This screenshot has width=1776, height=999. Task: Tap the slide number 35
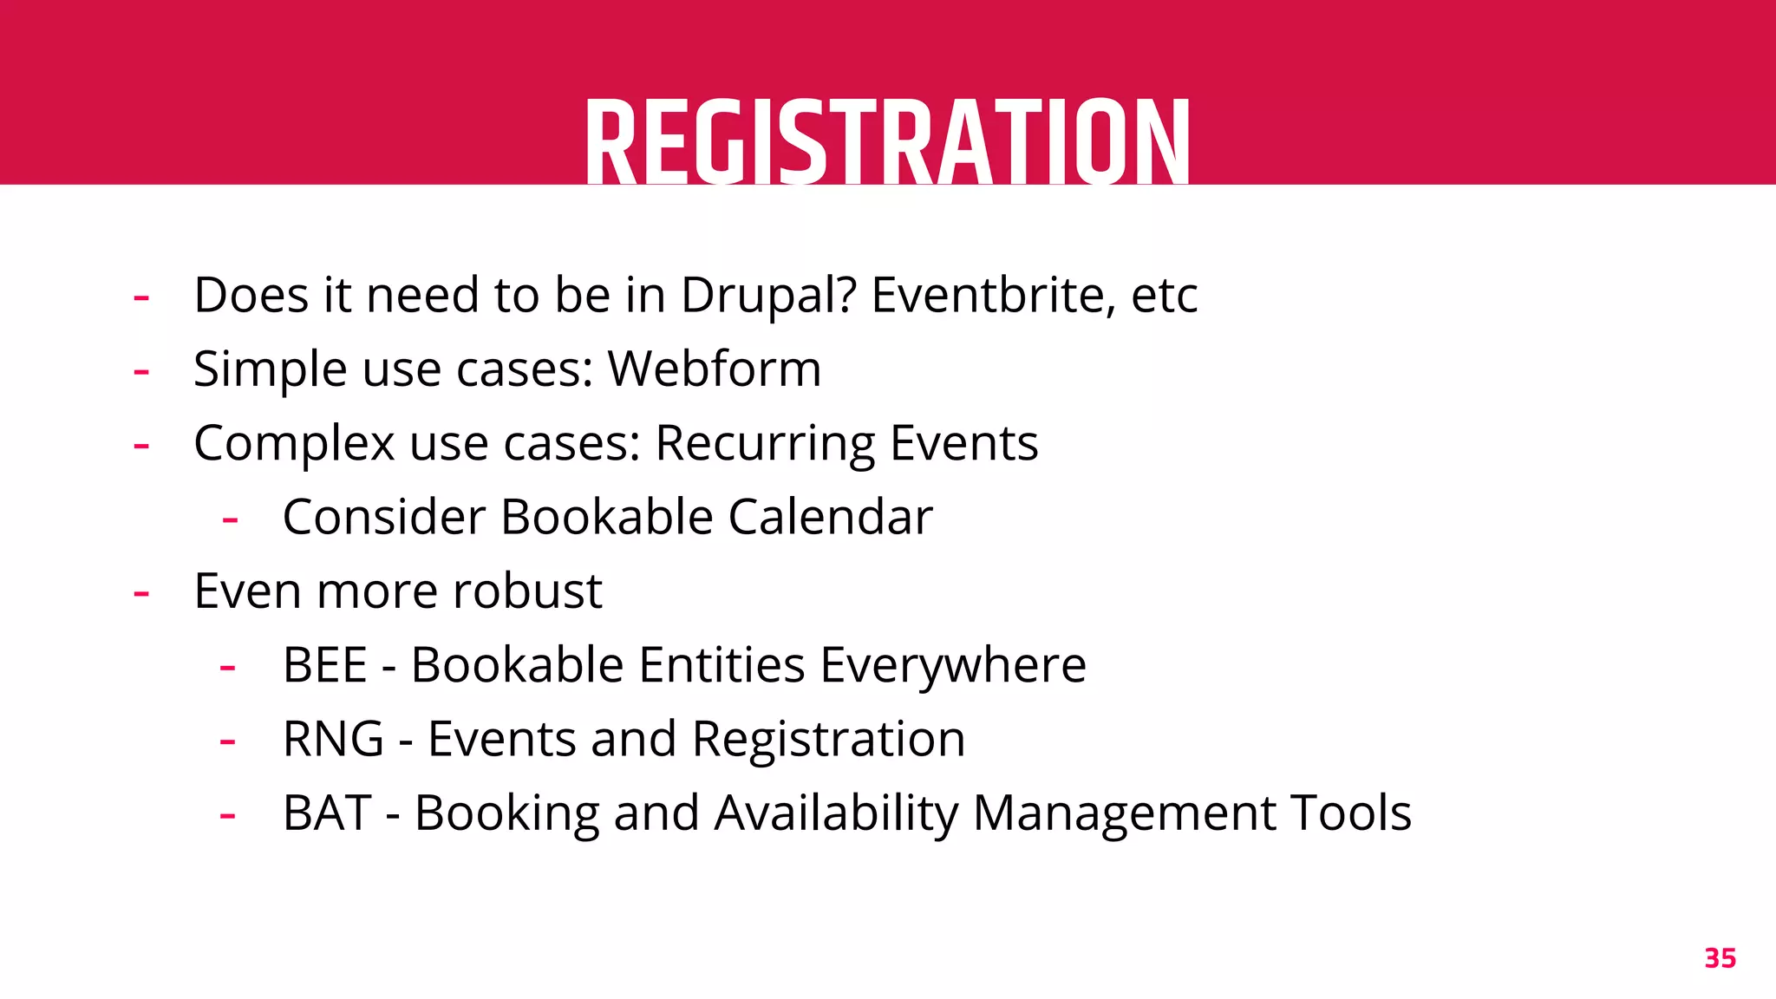click(x=1720, y=958)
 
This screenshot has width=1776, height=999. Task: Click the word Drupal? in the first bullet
click(x=768, y=296)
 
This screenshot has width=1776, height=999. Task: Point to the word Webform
click(x=714, y=369)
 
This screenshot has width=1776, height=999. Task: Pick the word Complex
click(x=294, y=444)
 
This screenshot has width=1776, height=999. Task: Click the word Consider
click(x=384, y=518)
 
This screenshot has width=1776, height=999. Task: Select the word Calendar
click(x=830, y=518)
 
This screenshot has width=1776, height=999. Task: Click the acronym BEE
click(x=325, y=666)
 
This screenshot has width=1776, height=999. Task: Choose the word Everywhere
click(x=953, y=666)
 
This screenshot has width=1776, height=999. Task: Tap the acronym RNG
click(x=333, y=740)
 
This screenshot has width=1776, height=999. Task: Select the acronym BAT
click(x=327, y=813)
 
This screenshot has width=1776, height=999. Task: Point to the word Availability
click(x=836, y=813)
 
